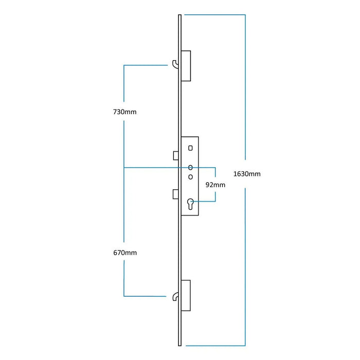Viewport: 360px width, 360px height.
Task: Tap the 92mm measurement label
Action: (x=215, y=185)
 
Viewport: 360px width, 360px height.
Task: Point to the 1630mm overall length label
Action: (x=247, y=174)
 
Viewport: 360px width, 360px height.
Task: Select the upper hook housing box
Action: (x=186, y=65)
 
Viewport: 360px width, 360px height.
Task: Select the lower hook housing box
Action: (x=186, y=295)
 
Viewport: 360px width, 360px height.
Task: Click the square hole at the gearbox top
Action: (x=191, y=148)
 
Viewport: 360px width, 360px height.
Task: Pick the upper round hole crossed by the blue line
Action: (x=191, y=167)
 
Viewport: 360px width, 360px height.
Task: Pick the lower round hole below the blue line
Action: (x=191, y=177)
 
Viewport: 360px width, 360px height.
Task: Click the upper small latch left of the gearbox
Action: (x=176, y=155)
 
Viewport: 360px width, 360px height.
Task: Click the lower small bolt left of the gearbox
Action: (x=176, y=193)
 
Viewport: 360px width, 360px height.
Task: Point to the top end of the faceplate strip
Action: (x=179, y=17)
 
